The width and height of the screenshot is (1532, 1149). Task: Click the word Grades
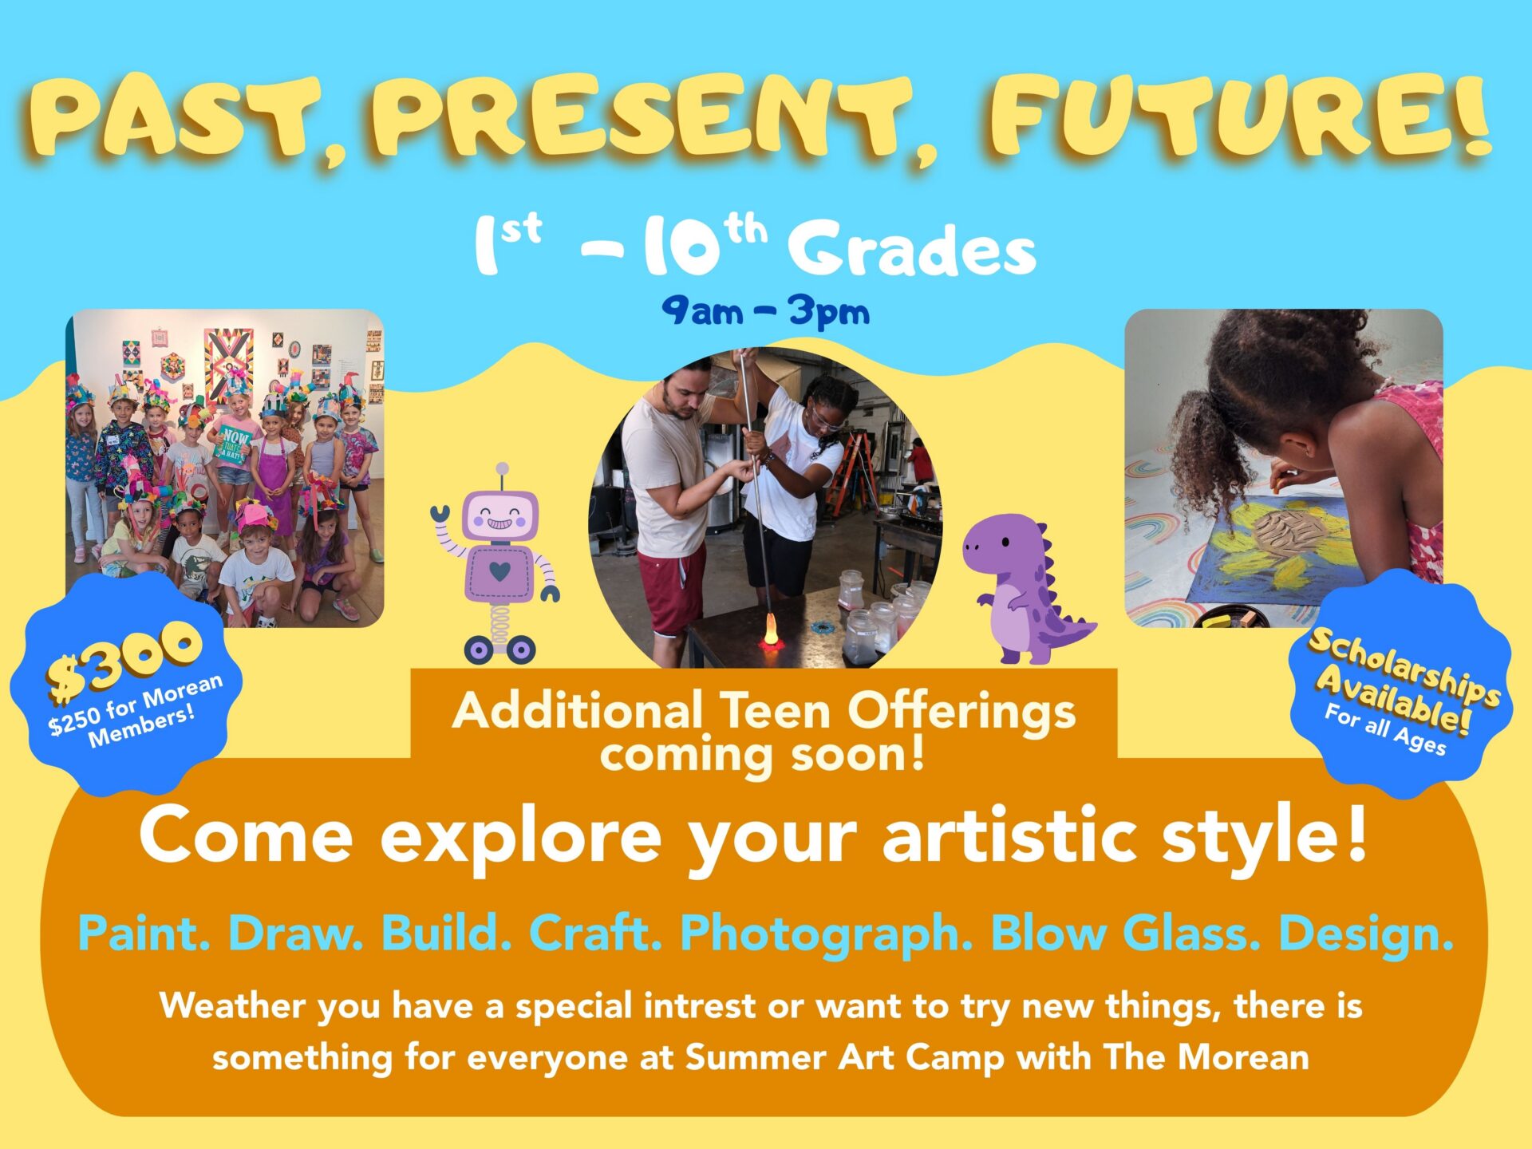click(x=912, y=248)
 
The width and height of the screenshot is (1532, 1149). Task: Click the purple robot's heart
click(x=499, y=571)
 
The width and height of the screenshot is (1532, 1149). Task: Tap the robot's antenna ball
click(x=502, y=468)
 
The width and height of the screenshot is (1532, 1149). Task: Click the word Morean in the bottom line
click(x=1243, y=1057)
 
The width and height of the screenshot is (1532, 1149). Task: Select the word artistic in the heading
click(x=1009, y=835)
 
